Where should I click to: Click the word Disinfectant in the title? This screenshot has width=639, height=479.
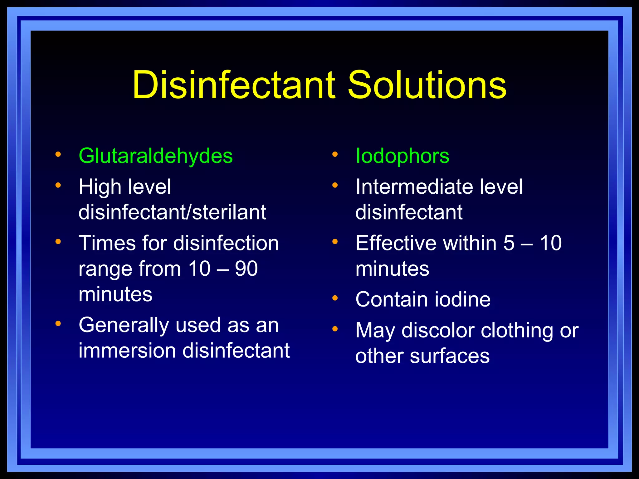[234, 85]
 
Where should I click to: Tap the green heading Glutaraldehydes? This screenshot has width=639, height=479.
[155, 156]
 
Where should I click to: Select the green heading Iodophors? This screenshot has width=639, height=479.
[402, 156]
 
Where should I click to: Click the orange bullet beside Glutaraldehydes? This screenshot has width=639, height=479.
[58, 154]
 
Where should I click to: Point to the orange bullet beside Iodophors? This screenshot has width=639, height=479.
[335, 154]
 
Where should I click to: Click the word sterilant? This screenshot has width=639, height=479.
[229, 212]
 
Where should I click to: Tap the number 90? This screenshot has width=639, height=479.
[246, 269]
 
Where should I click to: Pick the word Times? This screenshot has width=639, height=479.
[107, 243]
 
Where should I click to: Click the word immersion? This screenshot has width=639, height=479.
[127, 351]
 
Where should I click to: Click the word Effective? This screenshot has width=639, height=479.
[396, 243]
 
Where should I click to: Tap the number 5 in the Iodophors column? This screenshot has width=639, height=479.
[509, 243]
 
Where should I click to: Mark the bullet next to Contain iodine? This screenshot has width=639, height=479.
[335, 298]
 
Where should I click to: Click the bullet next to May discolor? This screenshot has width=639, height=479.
[335, 329]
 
